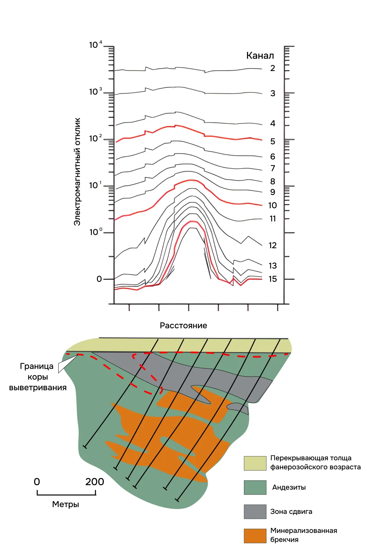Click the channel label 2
click(273, 68)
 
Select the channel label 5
click(273, 141)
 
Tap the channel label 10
click(273, 205)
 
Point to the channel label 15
click(273, 279)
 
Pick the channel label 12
click(273, 245)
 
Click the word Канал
click(260, 56)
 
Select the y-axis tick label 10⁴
click(95, 45)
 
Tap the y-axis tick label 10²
click(95, 138)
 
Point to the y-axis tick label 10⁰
click(95, 232)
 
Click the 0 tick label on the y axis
click(99, 279)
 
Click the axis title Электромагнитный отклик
click(77, 171)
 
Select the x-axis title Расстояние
click(183, 325)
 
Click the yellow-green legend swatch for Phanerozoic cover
click(255, 463)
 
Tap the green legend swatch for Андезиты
click(255, 487)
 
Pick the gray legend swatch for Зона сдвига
click(255, 512)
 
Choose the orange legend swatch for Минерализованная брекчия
click(255, 536)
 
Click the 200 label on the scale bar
click(95, 482)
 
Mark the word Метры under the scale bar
click(65, 504)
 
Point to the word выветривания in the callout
click(38, 387)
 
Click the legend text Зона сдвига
click(291, 512)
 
